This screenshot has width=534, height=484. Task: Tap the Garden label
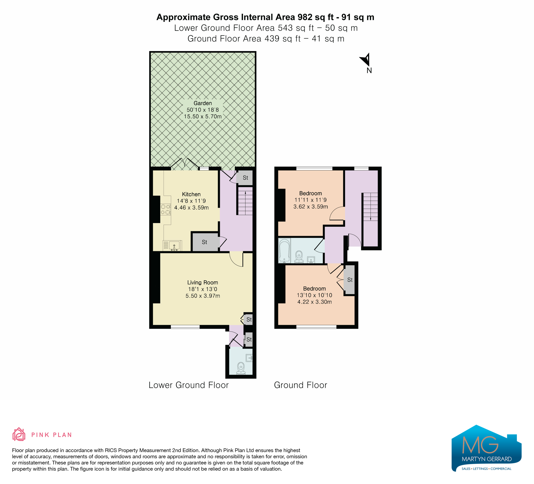(203, 103)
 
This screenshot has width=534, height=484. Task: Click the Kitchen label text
(191, 194)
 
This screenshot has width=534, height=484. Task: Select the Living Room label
(203, 283)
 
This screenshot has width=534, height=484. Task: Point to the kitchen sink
(172, 246)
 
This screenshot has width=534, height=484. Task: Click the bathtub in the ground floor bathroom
(285, 250)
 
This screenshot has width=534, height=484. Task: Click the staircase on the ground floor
(370, 207)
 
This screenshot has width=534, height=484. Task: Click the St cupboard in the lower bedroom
(350, 280)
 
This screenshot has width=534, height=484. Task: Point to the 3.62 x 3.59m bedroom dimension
(311, 207)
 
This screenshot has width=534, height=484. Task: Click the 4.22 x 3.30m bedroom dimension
(315, 302)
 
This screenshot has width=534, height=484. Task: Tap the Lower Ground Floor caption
(189, 385)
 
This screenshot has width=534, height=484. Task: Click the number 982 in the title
(305, 17)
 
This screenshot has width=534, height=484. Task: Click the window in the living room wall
(185, 327)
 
